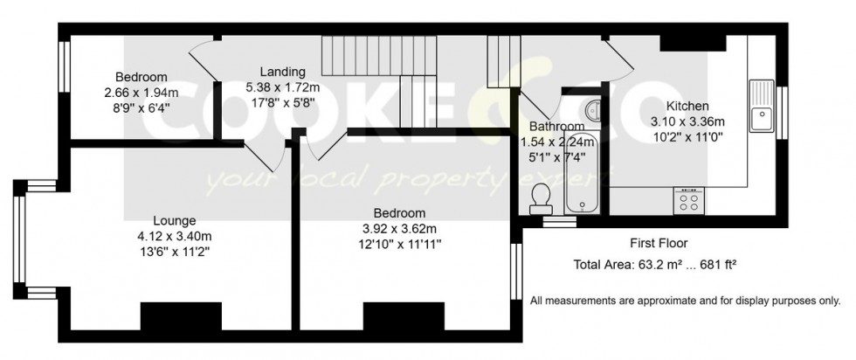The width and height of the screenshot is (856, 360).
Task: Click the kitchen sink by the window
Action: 762,104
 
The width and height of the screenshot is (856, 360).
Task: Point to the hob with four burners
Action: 688,201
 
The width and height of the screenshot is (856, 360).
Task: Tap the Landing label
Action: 281,72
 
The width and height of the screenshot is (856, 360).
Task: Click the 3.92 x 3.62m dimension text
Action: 399,229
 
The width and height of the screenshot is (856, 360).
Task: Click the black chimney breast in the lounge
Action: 181,315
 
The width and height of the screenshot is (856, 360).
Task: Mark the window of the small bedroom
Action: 64,86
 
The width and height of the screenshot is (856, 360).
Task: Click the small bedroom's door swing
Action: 204,66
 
